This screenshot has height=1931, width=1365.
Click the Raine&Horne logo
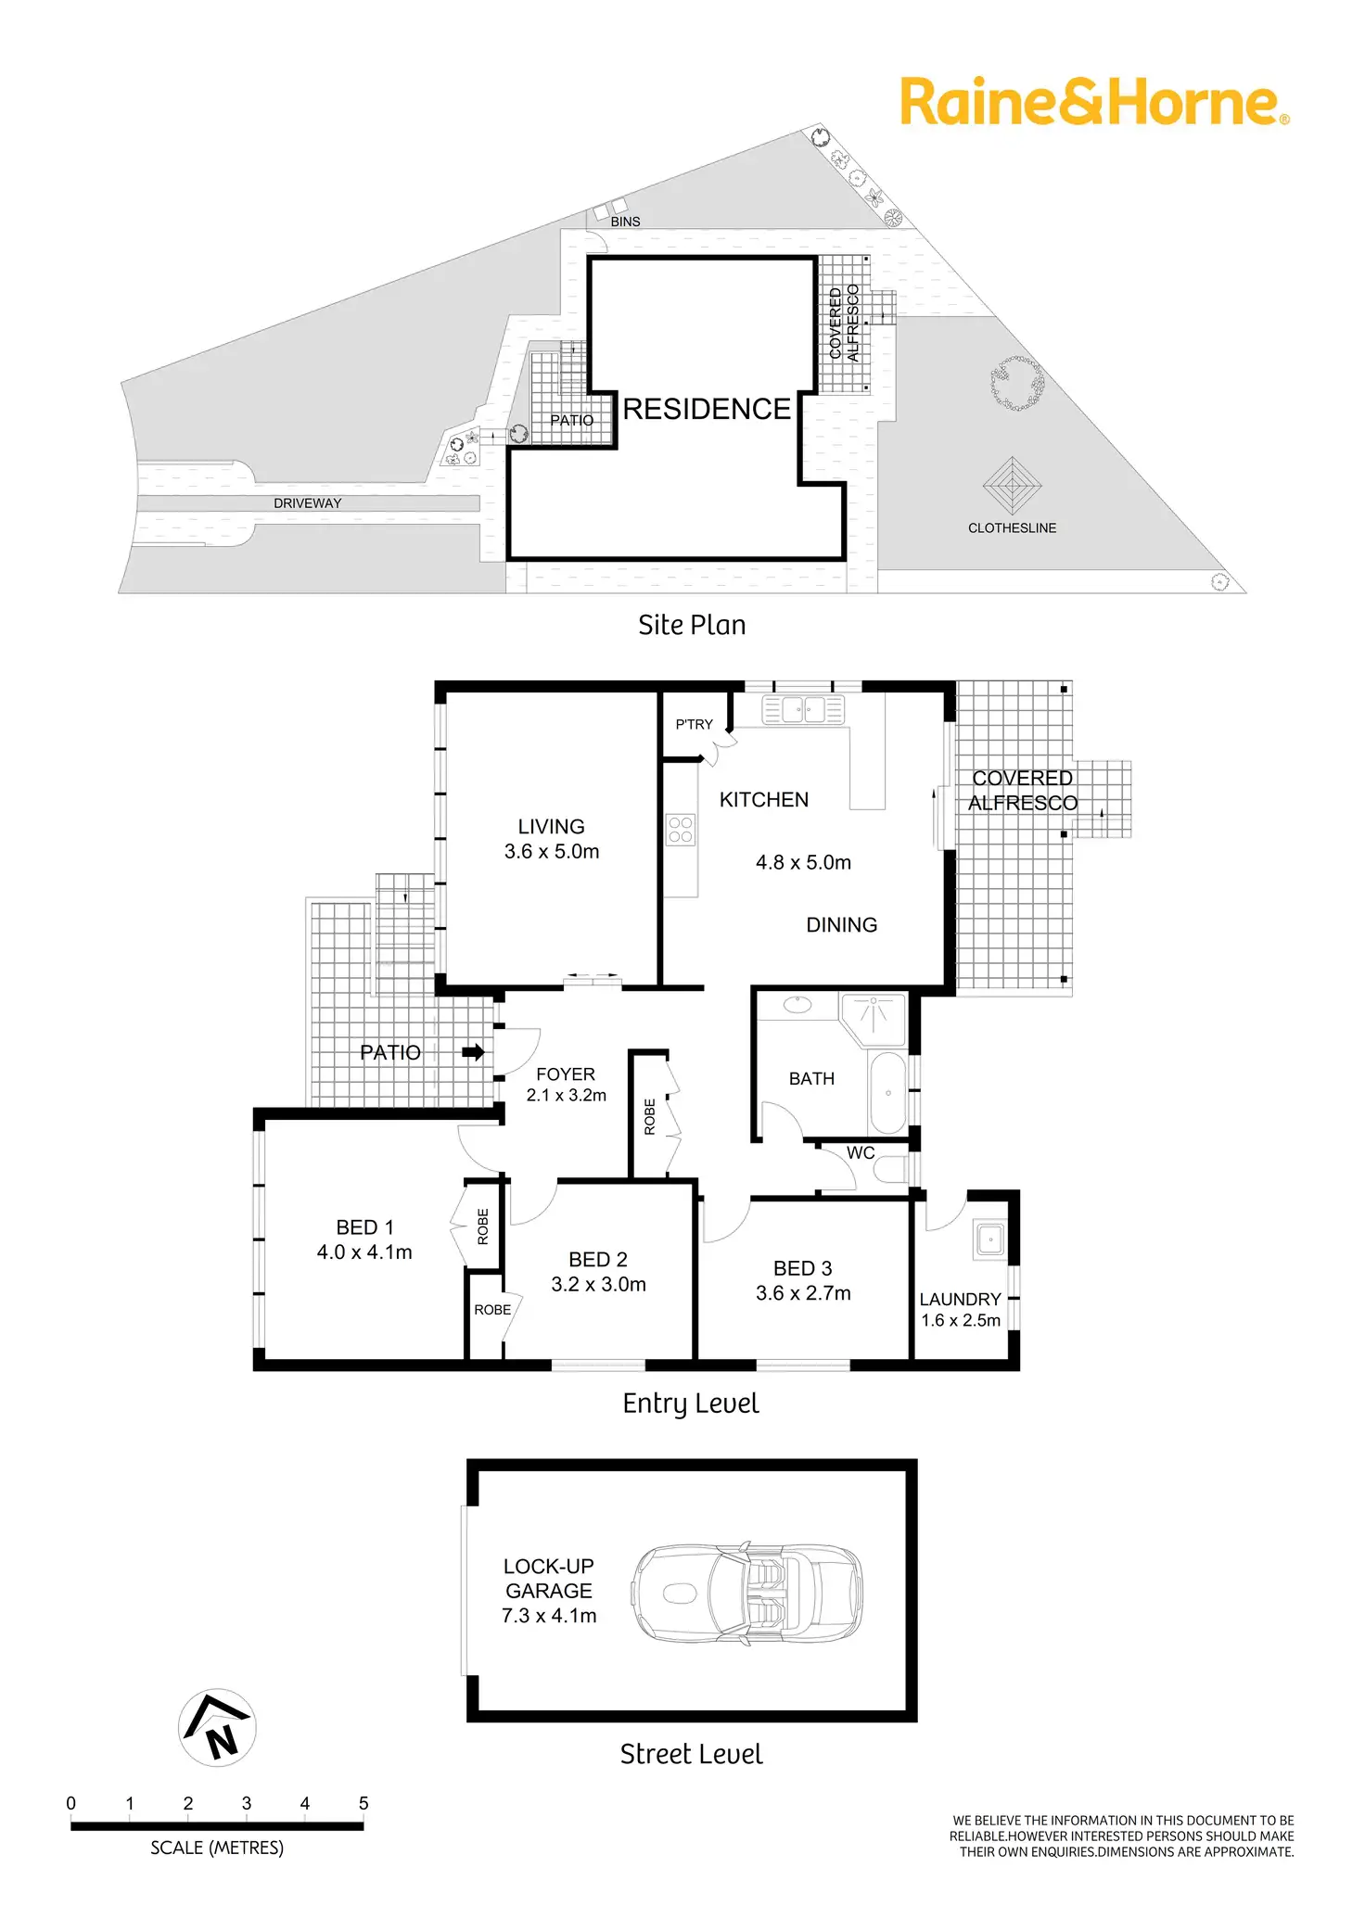pyautogui.click(x=1094, y=102)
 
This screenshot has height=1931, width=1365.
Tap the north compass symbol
pyautogui.click(x=217, y=1727)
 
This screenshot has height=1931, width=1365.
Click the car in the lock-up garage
pyautogui.click(x=747, y=1594)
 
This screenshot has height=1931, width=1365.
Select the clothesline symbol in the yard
pyautogui.click(x=1013, y=485)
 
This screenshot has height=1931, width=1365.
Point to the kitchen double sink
pyautogui.click(x=803, y=710)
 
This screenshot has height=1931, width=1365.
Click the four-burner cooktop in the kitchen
pyautogui.click(x=681, y=829)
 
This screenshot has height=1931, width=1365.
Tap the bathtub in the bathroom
pyautogui.click(x=888, y=1093)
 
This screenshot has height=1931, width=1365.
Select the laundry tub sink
pyautogui.click(x=990, y=1239)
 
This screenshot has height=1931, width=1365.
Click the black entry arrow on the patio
pyautogui.click(x=473, y=1052)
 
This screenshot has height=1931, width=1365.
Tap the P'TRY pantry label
pyautogui.click(x=694, y=725)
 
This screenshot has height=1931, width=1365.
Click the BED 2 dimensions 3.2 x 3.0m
pyautogui.click(x=598, y=1285)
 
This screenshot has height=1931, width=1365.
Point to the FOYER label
pyautogui.click(x=566, y=1074)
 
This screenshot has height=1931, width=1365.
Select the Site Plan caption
pyautogui.click(x=692, y=626)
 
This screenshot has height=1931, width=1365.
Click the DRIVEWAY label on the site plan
pyautogui.click(x=307, y=503)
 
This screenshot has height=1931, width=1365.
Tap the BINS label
pyautogui.click(x=625, y=222)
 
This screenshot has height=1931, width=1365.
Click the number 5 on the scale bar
pyautogui.click(x=364, y=1803)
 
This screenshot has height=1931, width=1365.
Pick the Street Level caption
pyautogui.click(x=692, y=1754)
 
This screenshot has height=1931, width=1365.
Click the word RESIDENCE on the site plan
pyautogui.click(x=707, y=409)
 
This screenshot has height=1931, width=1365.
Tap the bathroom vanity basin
pyautogui.click(x=797, y=1004)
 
